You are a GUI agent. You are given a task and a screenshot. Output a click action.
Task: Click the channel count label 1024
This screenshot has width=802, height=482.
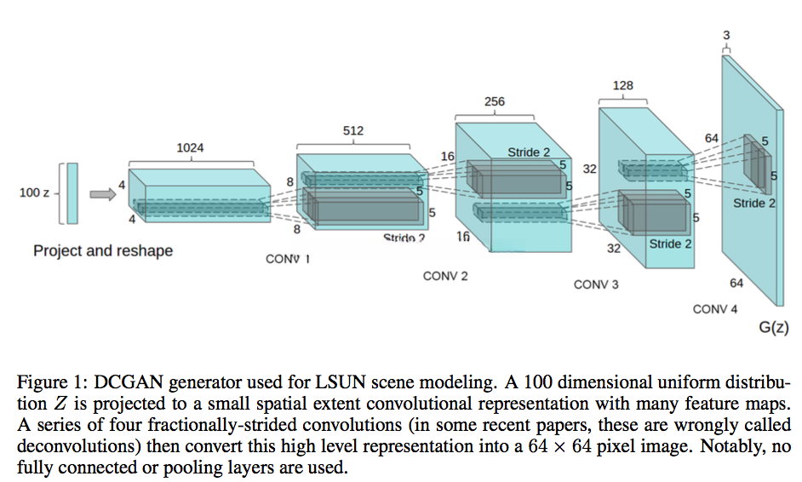pos(189,148)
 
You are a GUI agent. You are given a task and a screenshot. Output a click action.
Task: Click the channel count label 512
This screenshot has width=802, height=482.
pos(352,131)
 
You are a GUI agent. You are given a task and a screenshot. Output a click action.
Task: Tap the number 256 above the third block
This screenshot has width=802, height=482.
pos(495,101)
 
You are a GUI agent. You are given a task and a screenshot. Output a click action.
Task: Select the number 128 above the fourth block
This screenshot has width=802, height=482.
pos(622,86)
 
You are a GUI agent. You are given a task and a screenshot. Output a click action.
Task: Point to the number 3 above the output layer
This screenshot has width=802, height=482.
pos(726,34)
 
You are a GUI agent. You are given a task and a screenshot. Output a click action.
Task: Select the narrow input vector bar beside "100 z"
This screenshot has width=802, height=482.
pos(72,193)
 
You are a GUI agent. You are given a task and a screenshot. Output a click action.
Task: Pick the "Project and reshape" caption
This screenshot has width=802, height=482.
pos(103,250)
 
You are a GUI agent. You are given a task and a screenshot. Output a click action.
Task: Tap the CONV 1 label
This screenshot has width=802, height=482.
pos(287,259)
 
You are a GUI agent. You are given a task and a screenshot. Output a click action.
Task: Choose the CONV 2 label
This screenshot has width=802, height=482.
pos(445,276)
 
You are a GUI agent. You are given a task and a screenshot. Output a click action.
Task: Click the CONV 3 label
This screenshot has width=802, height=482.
pos(596,284)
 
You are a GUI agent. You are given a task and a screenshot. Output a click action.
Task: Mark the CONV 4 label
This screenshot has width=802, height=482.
pos(715,309)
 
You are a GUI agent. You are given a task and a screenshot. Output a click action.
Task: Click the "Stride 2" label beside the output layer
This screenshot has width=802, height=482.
pos(754,204)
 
